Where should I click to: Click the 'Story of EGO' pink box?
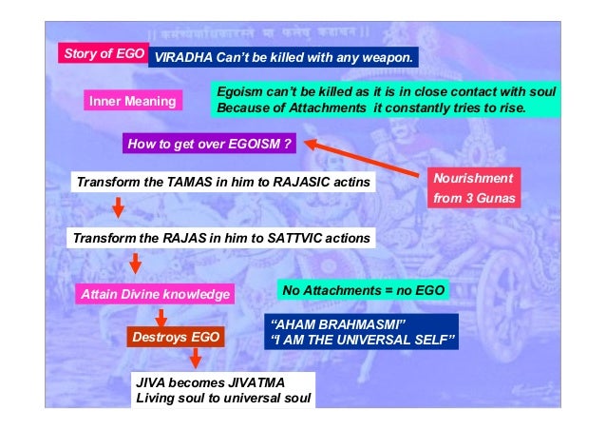coord(103,53)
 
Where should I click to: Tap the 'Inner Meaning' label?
coord(132,101)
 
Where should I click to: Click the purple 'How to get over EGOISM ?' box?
coord(209,145)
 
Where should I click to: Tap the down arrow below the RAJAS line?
coord(135,262)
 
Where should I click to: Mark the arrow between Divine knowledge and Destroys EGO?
coord(161,316)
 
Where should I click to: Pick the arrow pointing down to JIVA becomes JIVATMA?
coord(196,359)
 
